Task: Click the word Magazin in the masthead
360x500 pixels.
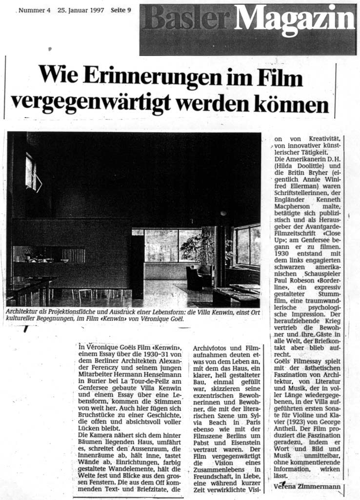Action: [x=301, y=20]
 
